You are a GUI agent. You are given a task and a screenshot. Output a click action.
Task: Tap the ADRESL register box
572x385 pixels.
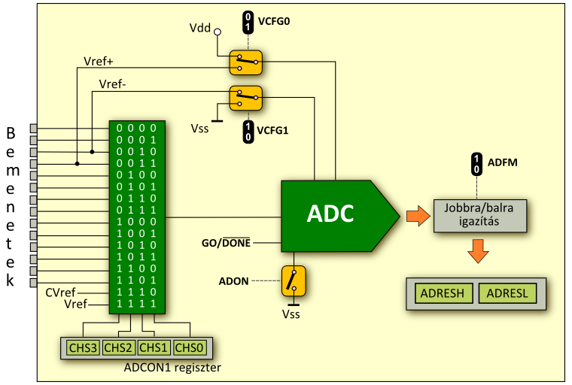[x=507, y=293]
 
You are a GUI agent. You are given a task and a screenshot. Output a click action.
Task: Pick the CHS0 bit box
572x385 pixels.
[x=188, y=347]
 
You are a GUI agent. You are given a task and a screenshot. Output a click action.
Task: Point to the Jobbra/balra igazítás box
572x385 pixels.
[x=480, y=217]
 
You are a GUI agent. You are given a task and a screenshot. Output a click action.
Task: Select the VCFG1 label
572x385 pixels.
[x=273, y=130]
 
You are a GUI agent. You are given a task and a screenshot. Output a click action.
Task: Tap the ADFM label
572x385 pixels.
[x=503, y=161]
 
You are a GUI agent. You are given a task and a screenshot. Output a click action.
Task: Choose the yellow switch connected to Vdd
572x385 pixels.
[x=245, y=62]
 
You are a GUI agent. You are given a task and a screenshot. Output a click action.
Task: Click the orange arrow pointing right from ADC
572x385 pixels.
[x=415, y=217]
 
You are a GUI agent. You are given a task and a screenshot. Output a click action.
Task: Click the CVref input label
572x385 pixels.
[x=60, y=292]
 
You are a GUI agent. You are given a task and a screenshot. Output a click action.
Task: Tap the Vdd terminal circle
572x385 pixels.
[x=218, y=32]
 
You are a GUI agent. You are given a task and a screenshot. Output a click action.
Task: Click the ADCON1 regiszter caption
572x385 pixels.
[x=172, y=368]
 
